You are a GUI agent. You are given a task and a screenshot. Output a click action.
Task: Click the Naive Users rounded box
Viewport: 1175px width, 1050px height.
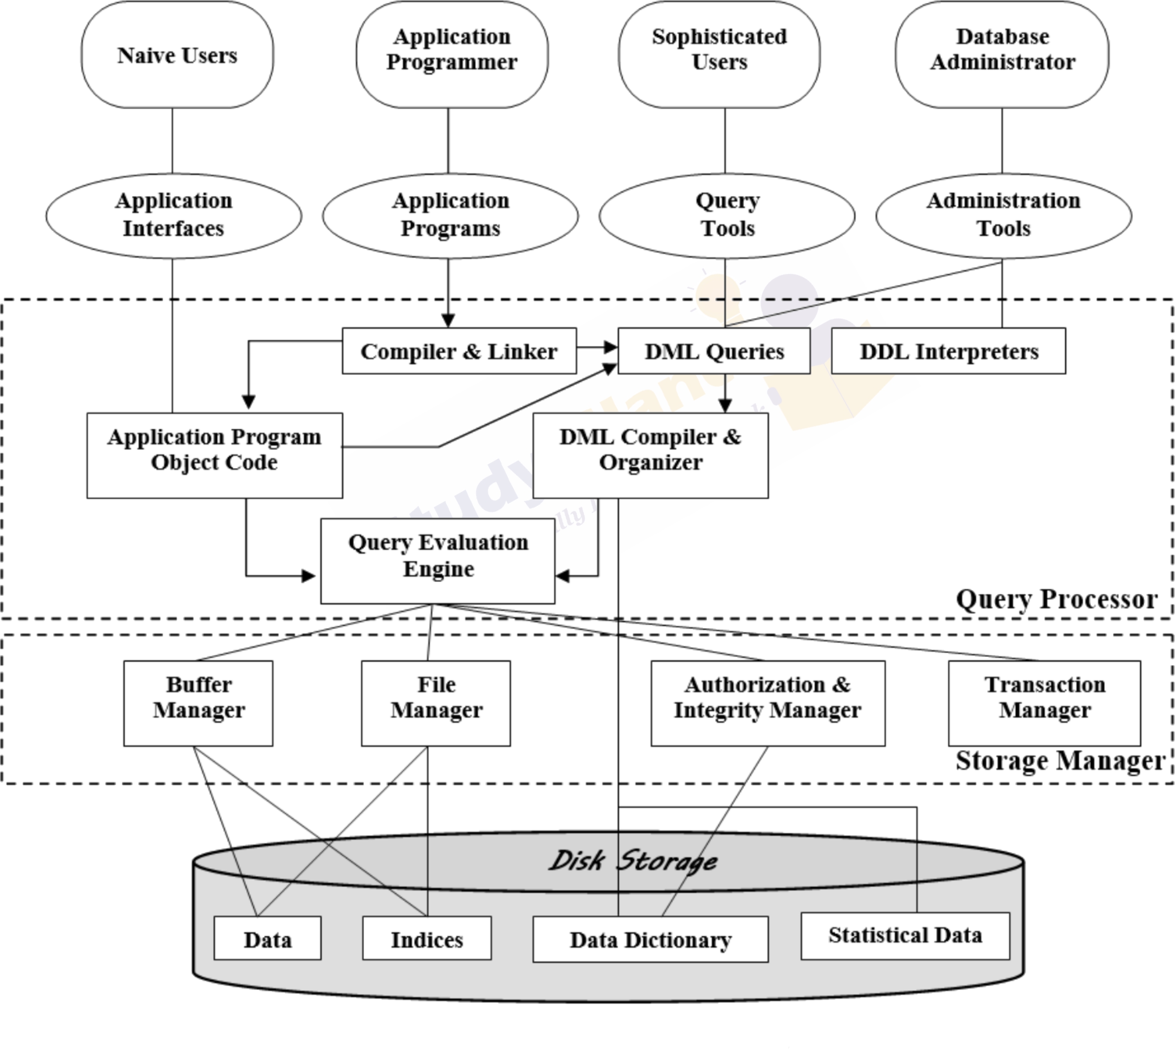coord(177,55)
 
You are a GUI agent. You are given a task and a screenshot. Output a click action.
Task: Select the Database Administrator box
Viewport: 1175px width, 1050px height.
coord(1002,55)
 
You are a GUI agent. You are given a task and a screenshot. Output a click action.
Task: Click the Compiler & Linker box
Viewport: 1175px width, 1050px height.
coord(459,351)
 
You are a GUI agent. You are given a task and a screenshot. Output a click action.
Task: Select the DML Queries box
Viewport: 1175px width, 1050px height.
coord(714,351)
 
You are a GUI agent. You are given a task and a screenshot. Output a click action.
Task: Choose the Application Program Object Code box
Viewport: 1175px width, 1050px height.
coord(214,455)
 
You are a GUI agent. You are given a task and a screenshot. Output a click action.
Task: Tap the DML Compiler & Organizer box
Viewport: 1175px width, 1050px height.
coord(650,455)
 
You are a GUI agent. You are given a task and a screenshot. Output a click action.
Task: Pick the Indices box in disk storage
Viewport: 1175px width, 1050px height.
coord(427,940)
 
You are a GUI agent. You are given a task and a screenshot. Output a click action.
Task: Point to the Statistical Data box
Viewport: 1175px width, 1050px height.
coord(905,935)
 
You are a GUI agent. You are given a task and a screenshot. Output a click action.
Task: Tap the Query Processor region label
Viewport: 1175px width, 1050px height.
coord(1056,600)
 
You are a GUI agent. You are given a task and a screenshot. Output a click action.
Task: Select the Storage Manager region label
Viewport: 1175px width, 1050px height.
coord(1060,761)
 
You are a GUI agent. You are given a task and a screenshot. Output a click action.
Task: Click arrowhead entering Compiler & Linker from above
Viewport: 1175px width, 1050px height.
coord(448,321)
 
